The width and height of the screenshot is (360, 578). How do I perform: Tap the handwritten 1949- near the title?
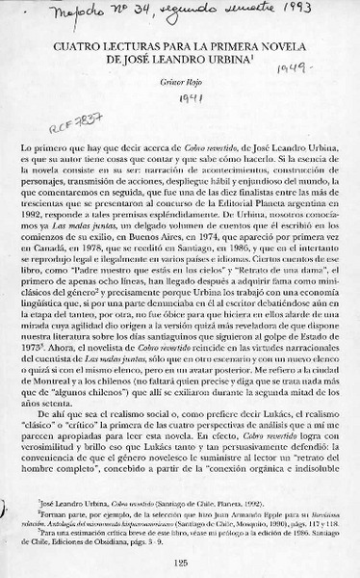pos(288,72)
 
